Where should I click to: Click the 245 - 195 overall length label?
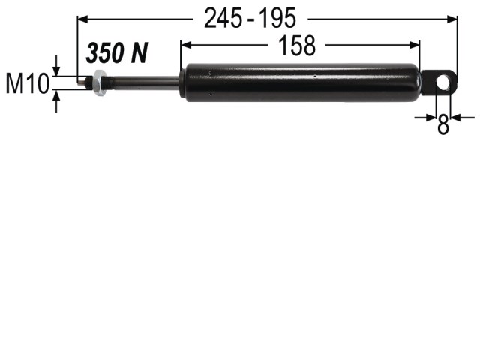[x=250, y=18]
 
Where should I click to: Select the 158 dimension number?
[x=297, y=46]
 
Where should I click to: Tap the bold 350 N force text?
[x=117, y=53]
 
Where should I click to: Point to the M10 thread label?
[x=28, y=83]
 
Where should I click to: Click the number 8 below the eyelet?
[x=443, y=124]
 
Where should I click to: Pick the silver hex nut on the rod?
[x=100, y=82]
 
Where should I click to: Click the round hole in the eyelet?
[x=442, y=82]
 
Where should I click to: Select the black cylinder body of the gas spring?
[x=301, y=82]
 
